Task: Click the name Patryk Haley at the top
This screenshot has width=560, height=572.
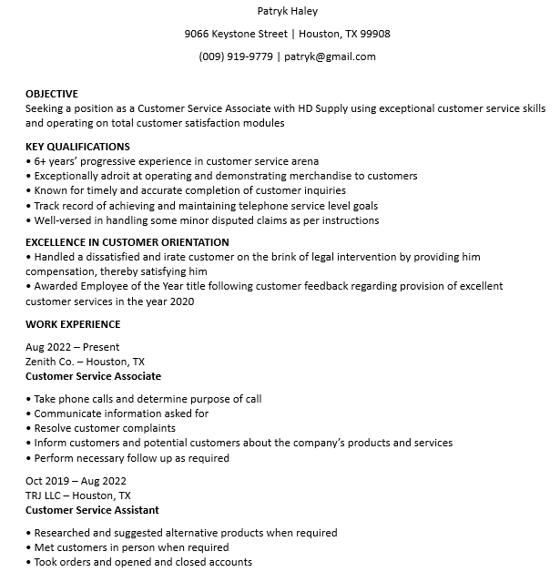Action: click(287, 11)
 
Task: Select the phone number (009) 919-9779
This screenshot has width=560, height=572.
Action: click(236, 56)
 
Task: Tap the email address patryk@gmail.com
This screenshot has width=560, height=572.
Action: click(330, 56)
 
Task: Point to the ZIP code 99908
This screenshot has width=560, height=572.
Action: click(375, 34)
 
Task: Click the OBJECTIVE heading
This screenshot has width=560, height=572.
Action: click(52, 94)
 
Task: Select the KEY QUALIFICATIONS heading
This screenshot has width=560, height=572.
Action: click(77, 147)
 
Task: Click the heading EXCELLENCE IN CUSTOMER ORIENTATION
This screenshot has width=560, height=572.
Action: click(127, 242)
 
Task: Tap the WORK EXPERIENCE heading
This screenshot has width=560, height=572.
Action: click(73, 324)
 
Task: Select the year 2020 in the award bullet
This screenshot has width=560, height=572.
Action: click(182, 301)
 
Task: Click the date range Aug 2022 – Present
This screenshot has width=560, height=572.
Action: click(73, 347)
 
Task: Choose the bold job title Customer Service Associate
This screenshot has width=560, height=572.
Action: click(93, 376)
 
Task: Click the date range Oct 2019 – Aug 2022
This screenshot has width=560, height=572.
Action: click(76, 481)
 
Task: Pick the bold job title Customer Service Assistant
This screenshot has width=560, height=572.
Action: click(92, 510)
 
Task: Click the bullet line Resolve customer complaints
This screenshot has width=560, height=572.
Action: click(105, 428)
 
